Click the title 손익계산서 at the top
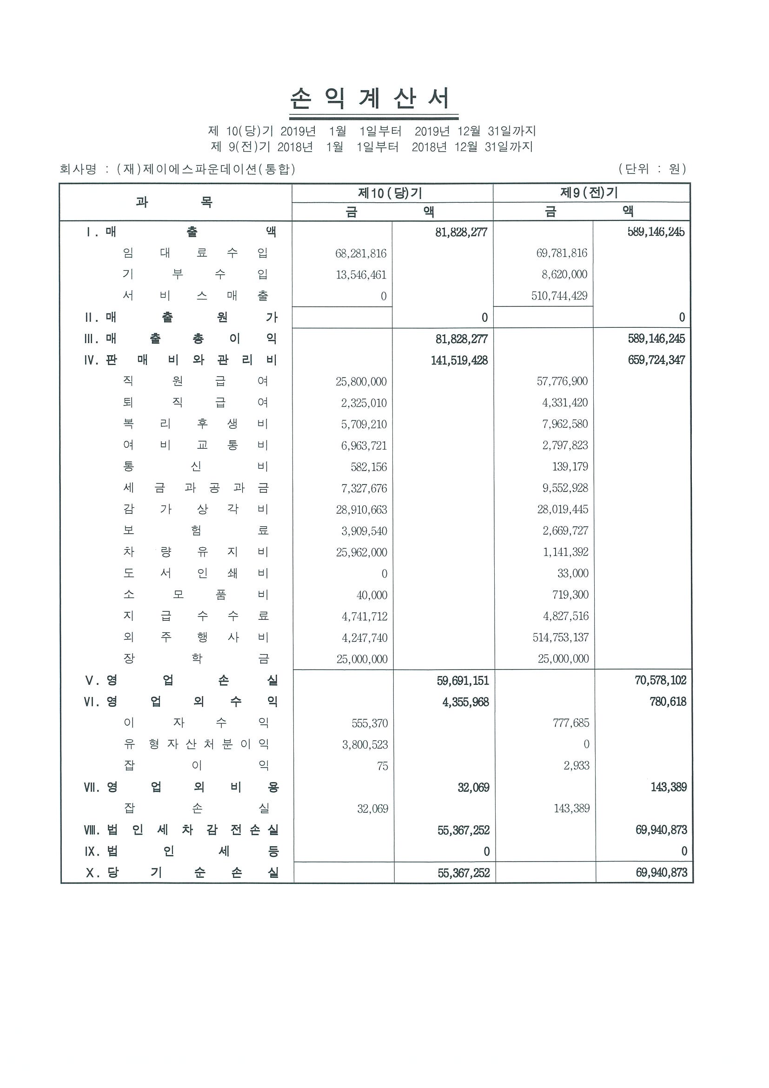pyautogui.click(x=369, y=99)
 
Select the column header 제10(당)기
pyautogui.click(x=390, y=193)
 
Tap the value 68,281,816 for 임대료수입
pyautogui.click(x=361, y=253)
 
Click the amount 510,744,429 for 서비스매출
pyautogui.click(x=559, y=296)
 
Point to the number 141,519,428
pyautogui.click(x=459, y=361)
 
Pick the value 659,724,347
pyautogui.click(x=656, y=360)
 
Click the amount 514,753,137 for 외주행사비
pyautogui.click(x=561, y=637)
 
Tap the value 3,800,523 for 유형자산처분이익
pyautogui.click(x=365, y=744)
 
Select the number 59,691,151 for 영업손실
pyautogui.click(x=463, y=681)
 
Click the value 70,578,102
pyautogui.click(x=661, y=681)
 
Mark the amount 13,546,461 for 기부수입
pyautogui.click(x=361, y=275)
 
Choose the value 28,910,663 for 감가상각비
pyautogui.click(x=362, y=510)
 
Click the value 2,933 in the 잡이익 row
pyautogui.click(x=576, y=765)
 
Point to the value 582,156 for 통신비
pyautogui.click(x=369, y=467)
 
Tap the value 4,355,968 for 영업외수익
pyautogui.click(x=465, y=702)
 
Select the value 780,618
pyautogui.click(x=668, y=702)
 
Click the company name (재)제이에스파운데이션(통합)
pyautogui.click(x=206, y=169)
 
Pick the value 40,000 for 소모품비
pyautogui.click(x=372, y=595)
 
